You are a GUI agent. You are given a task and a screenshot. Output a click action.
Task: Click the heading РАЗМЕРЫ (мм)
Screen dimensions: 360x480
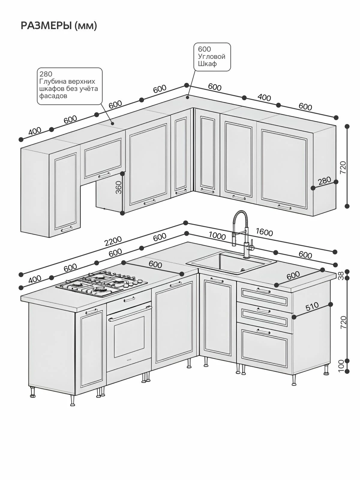pos(59,25)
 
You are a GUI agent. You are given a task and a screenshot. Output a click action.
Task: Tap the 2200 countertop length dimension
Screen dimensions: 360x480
pos(113,241)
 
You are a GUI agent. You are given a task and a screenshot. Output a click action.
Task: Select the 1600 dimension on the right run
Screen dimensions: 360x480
pos(264,232)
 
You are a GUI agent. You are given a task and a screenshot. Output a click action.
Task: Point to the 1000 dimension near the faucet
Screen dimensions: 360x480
pos(217,236)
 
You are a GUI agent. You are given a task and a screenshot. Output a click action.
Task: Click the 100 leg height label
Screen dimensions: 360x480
pos(341,366)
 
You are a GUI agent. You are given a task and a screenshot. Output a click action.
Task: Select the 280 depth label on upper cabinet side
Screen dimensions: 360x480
pos(325,181)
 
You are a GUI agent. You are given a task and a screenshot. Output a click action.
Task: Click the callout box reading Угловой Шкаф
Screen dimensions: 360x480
pos(212,57)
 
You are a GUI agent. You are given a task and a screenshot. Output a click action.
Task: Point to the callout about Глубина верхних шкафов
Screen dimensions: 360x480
pos(70,86)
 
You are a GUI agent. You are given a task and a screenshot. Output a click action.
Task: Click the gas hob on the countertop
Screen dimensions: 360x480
pos(101,283)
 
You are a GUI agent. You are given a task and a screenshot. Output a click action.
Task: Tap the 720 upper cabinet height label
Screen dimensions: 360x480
pos(343,167)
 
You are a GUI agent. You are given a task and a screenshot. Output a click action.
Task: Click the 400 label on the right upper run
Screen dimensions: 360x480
pos(264,97)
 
